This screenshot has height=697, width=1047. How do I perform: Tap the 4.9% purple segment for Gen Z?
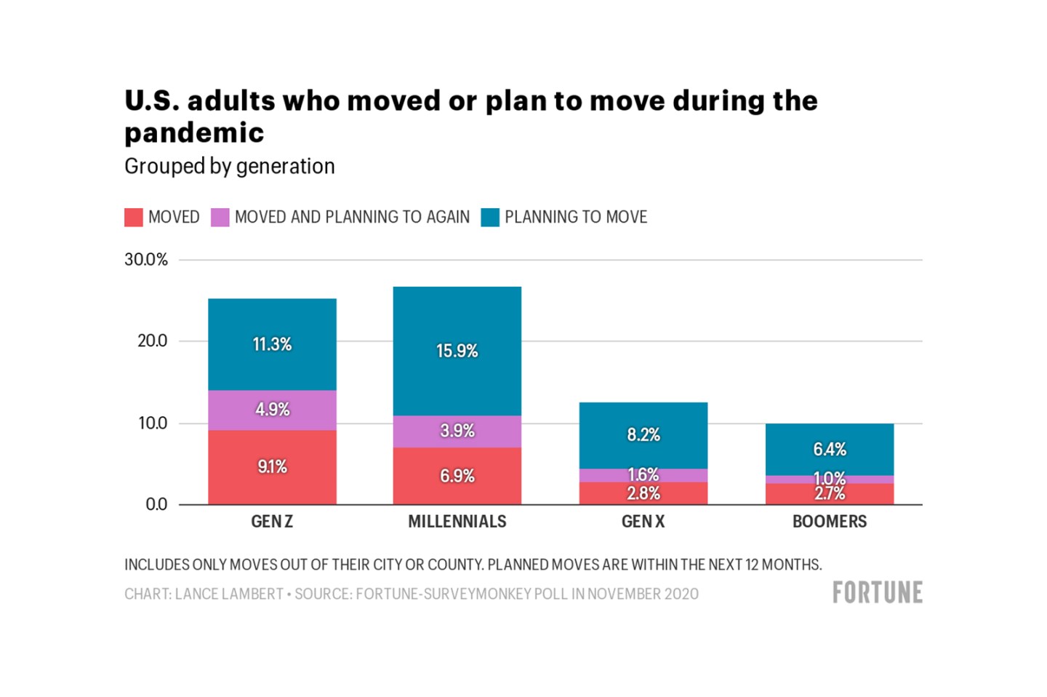point(272,410)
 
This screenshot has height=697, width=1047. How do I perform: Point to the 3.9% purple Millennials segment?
point(457,431)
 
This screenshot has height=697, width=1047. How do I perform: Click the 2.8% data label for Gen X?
point(643,494)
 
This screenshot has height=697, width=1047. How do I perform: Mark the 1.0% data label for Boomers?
point(829,479)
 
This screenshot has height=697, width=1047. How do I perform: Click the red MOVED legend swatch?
point(134,218)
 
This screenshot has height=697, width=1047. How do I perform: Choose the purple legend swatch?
point(220,218)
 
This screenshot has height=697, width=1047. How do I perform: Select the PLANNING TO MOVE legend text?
point(575,218)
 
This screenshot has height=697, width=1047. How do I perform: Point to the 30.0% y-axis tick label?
point(146,260)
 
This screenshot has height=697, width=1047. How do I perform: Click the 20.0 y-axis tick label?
point(152,341)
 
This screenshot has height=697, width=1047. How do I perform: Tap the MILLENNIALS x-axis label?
point(457,522)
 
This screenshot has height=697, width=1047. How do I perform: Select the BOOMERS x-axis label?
point(829,522)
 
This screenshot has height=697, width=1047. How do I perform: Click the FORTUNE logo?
point(877,593)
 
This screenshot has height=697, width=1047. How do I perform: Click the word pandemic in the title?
point(194,133)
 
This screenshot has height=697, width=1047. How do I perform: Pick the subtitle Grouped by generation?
point(229,167)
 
